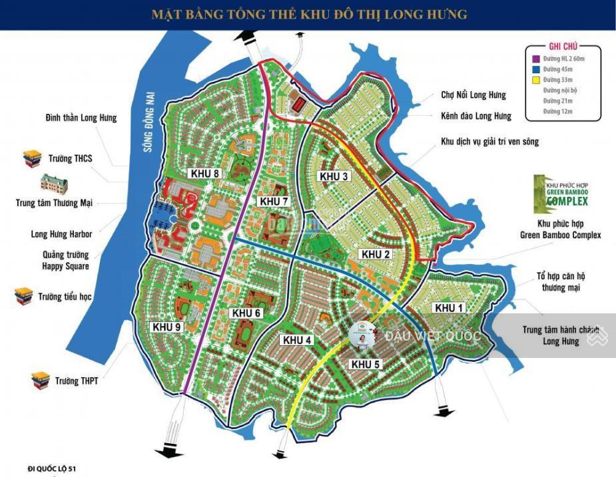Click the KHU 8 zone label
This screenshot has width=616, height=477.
[x=204, y=174]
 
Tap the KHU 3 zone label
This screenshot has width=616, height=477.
[x=334, y=176]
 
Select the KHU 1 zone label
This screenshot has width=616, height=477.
[x=448, y=307]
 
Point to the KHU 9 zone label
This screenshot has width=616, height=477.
[x=166, y=327]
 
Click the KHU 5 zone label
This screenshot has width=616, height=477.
[x=365, y=364]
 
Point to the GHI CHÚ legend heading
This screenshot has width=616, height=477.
[x=563, y=47]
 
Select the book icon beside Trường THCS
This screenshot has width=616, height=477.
[x=32, y=159]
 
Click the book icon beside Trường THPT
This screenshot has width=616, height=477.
[x=41, y=380]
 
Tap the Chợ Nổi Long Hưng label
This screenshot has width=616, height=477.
[x=473, y=95]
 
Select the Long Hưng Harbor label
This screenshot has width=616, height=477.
[x=61, y=234]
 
